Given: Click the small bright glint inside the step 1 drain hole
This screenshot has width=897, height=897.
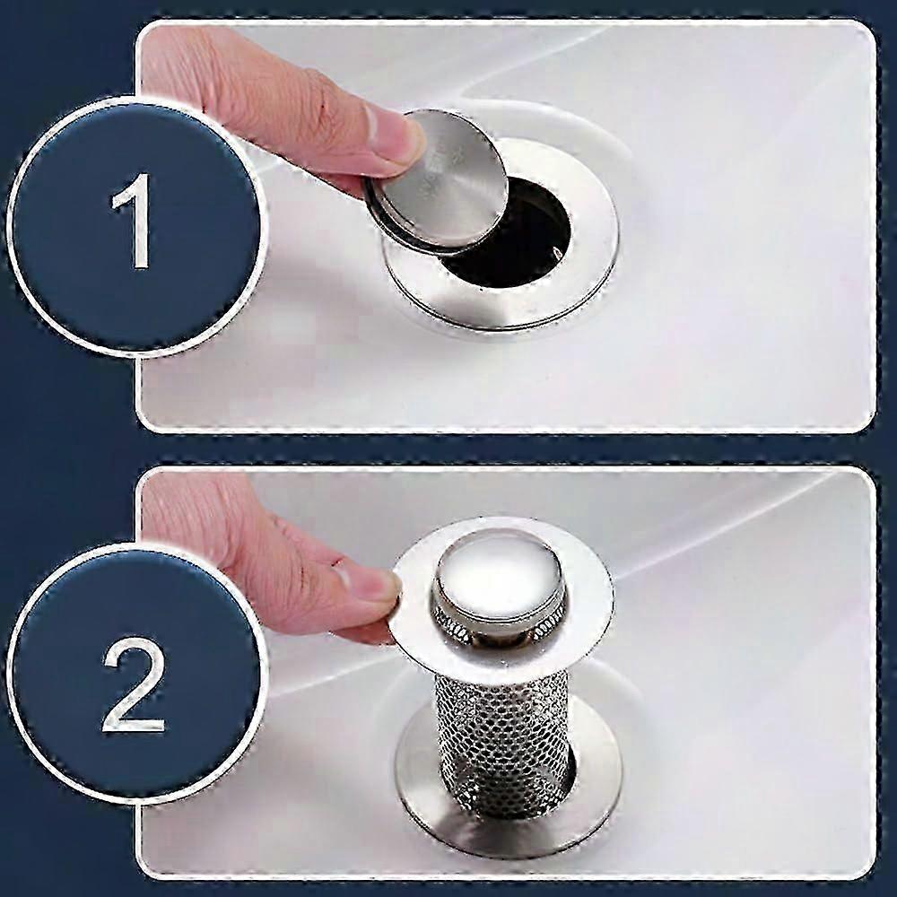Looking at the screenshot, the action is click(x=555, y=250).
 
